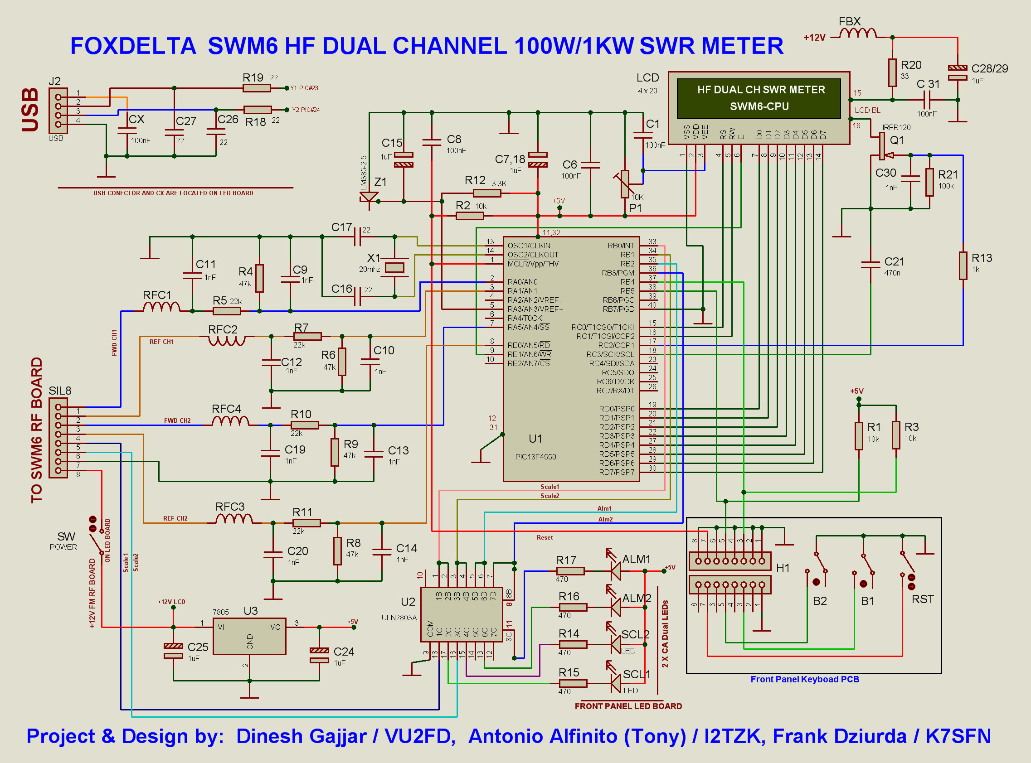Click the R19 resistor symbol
(257, 88)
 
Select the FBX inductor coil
(858, 33)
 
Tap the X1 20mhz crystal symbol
(394, 267)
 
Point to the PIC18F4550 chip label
(535, 457)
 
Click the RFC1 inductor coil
(162, 307)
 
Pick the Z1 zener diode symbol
(369, 198)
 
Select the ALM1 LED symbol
(615, 571)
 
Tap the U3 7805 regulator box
(249, 636)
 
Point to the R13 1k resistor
(963, 266)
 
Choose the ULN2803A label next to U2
(399, 618)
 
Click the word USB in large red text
(30, 110)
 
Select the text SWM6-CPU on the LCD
(759, 106)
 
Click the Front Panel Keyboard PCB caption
(805, 679)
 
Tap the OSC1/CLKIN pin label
(529, 246)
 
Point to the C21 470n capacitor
(871, 264)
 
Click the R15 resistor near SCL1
(573, 683)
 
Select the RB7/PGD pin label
(618, 309)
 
